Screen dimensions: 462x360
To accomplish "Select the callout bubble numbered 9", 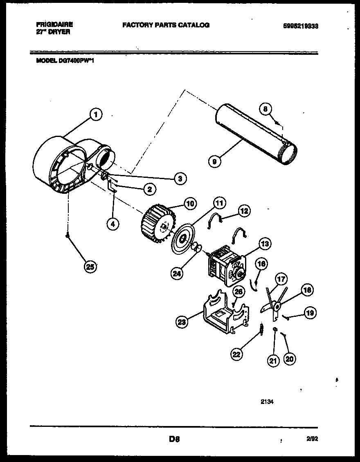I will point(214,161).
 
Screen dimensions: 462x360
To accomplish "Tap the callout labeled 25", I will point(89,267).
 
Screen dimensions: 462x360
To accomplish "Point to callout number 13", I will point(265,244).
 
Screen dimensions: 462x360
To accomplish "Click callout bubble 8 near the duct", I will point(265,109).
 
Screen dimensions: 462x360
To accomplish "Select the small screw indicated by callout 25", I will point(67,235).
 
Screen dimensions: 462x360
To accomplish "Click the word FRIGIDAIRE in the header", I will point(54,25).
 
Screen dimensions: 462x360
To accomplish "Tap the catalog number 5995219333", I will point(300,26).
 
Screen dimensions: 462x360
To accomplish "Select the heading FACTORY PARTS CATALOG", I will point(166,25).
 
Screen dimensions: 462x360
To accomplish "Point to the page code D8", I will point(174,440).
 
